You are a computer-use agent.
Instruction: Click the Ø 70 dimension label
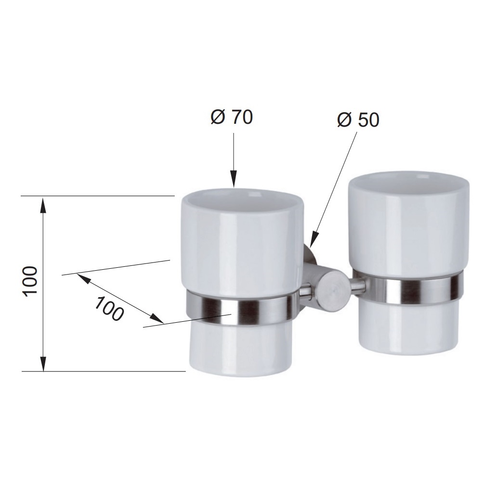(x=231, y=117)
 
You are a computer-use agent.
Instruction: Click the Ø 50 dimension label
(x=358, y=120)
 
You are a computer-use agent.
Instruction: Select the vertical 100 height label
(x=31, y=282)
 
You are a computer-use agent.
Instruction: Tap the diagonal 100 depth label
(x=109, y=309)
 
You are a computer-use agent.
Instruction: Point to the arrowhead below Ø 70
(x=234, y=179)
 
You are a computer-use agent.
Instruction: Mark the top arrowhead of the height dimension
(x=43, y=205)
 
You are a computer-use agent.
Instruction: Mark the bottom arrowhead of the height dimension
(x=43, y=363)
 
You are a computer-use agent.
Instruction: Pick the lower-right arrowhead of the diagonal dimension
(x=157, y=319)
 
